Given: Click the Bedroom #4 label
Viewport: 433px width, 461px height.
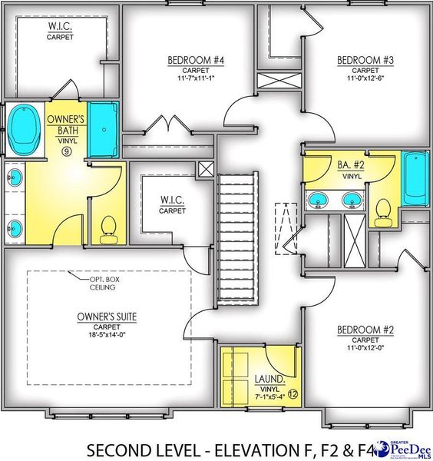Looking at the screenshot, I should (189, 58).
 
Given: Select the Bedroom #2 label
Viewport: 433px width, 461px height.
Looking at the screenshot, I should (365, 330).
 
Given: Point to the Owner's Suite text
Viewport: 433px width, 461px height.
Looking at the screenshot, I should (107, 316).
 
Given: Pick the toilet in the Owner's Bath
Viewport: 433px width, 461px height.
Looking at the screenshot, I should (108, 227).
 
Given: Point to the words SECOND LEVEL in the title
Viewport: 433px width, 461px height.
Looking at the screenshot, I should (131, 448).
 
